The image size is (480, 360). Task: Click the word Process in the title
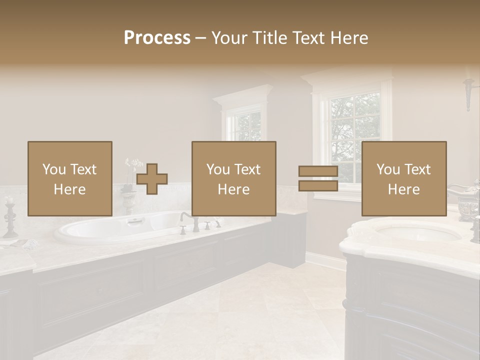click(x=157, y=38)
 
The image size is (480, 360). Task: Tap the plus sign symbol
click(x=152, y=179)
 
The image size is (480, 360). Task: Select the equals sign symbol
click(x=318, y=179)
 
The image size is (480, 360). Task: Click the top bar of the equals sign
click(x=318, y=171)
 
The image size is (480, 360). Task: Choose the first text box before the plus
click(x=69, y=178)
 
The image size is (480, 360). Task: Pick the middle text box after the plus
click(x=233, y=178)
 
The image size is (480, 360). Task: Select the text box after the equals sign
click(x=403, y=178)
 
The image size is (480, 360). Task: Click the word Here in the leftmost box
click(x=69, y=189)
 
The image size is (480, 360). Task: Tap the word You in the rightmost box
click(x=388, y=169)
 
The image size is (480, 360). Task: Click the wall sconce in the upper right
click(x=468, y=92)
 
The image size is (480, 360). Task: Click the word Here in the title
click(x=348, y=38)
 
